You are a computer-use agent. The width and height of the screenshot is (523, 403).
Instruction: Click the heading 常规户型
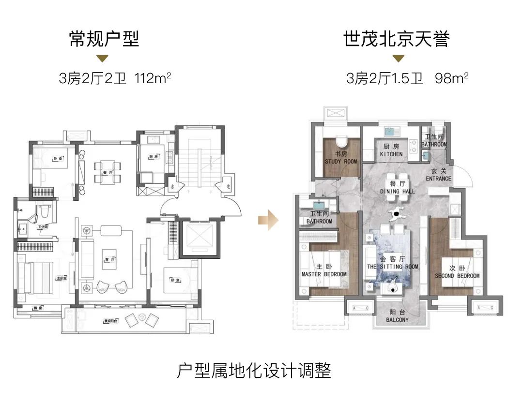(104, 39)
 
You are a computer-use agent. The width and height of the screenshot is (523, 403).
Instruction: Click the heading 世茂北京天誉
(397, 39)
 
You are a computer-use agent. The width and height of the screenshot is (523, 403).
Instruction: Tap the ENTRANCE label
(438, 179)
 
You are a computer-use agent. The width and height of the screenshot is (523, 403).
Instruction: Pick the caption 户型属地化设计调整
(254, 372)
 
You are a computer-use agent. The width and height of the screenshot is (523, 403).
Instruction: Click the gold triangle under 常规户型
(102, 59)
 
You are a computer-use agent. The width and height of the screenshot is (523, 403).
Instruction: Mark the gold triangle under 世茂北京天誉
(398, 59)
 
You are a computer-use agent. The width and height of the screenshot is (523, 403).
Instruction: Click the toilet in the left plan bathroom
(45, 211)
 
